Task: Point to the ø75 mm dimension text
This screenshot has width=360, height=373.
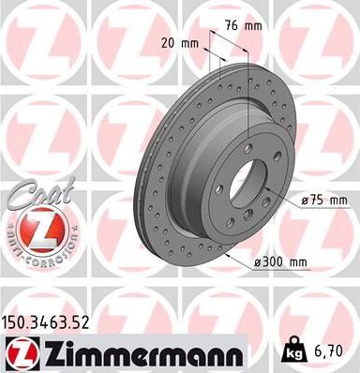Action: pyautogui.click(x=324, y=201)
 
